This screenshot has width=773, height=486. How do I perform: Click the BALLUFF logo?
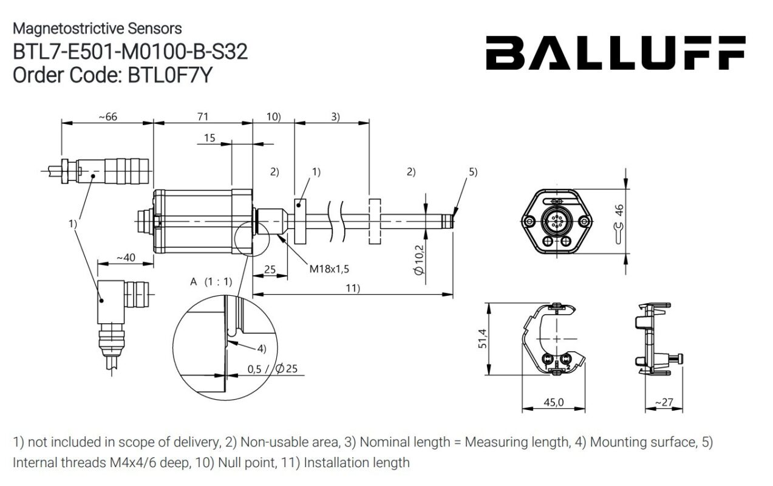click(615, 52)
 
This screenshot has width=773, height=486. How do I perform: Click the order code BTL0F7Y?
click(113, 75)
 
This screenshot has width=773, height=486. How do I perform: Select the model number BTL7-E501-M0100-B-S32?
click(131, 52)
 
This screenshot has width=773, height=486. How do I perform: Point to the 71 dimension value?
click(202, 117)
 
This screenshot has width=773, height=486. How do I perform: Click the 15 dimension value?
click(209, 139)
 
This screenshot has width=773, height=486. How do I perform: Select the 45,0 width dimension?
click(553, 402)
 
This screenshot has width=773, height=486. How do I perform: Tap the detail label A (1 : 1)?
click(211, 281)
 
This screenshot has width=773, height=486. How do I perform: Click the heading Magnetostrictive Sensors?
click(97, 29)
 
